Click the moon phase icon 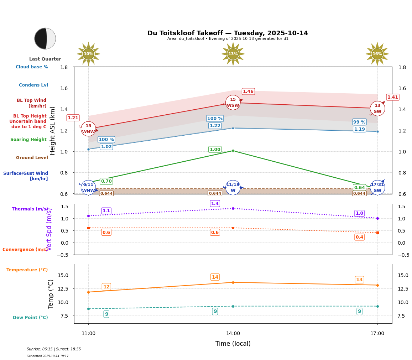point(45,38)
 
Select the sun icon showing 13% point(233,54)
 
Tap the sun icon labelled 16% point(377,54)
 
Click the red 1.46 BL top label point(248,92)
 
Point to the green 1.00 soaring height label point(215,150)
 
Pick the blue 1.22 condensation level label point(215,126)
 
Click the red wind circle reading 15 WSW point(233,103)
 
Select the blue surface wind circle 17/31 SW point(377,187)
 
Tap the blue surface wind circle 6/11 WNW point(88,187)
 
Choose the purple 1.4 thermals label point(215,204)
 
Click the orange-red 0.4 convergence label point(359,237)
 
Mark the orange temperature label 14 point(215,277)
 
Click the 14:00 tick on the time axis point(233,333)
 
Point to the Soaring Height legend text point(28,140)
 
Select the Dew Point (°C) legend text point(30,318)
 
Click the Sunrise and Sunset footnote point(54,349)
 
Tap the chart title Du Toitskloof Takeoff point(228,33)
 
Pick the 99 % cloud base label point(359,122)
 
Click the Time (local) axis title point(233,344)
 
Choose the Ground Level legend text point(32,158)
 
